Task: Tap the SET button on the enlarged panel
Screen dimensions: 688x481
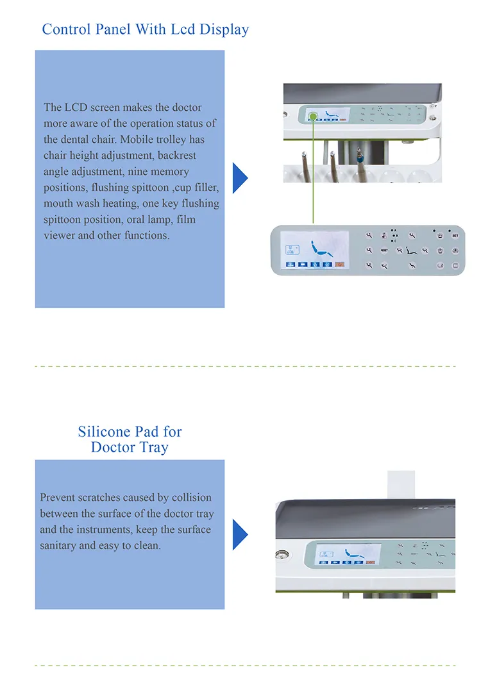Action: (455, 235)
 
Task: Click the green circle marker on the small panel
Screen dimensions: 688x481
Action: (312, 116)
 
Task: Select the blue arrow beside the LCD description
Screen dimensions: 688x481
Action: (240, 177)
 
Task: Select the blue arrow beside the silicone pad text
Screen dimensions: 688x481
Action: (240, 534)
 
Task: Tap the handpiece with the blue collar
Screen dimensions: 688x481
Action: (360, 156)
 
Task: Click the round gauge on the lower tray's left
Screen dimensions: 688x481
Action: (281, 556)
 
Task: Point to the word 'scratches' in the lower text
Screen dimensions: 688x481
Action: (107, 498)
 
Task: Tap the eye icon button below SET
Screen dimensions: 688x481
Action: (455, 250)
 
